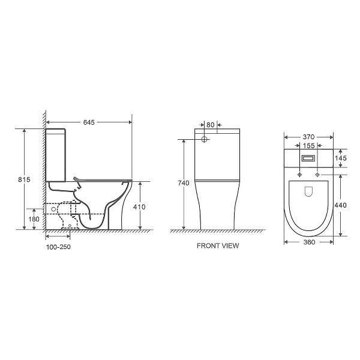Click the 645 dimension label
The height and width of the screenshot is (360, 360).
[x=89, y=122]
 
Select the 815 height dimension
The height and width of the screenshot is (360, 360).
[x=24, y=179]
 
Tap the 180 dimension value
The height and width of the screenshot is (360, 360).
[x=34, y=219]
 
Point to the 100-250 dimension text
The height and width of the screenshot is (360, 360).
[x=58, y=247]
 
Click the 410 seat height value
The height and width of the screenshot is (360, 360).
[x=139, y=207]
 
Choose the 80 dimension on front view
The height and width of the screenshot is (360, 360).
[x=211, y=125]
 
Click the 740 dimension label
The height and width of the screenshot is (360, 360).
[x=184, y=183]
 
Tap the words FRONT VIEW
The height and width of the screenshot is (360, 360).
[x=218, y=245]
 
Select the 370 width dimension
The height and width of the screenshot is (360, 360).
[x=308, y=137]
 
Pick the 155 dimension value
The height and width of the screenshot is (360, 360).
[x=308, y=146]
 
